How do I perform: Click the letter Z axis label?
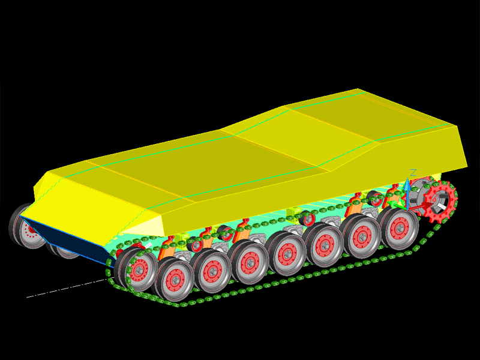point(413,173)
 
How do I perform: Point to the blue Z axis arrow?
point(407,193)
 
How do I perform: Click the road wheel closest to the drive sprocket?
point(398,228)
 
